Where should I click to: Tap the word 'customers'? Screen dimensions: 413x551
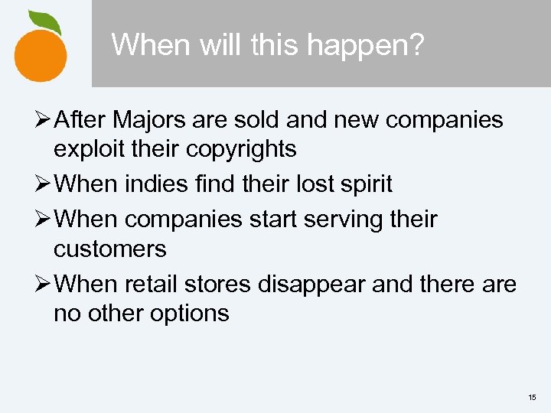click(x=110, y=249)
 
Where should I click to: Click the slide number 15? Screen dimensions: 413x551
click(x=532, y=398)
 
